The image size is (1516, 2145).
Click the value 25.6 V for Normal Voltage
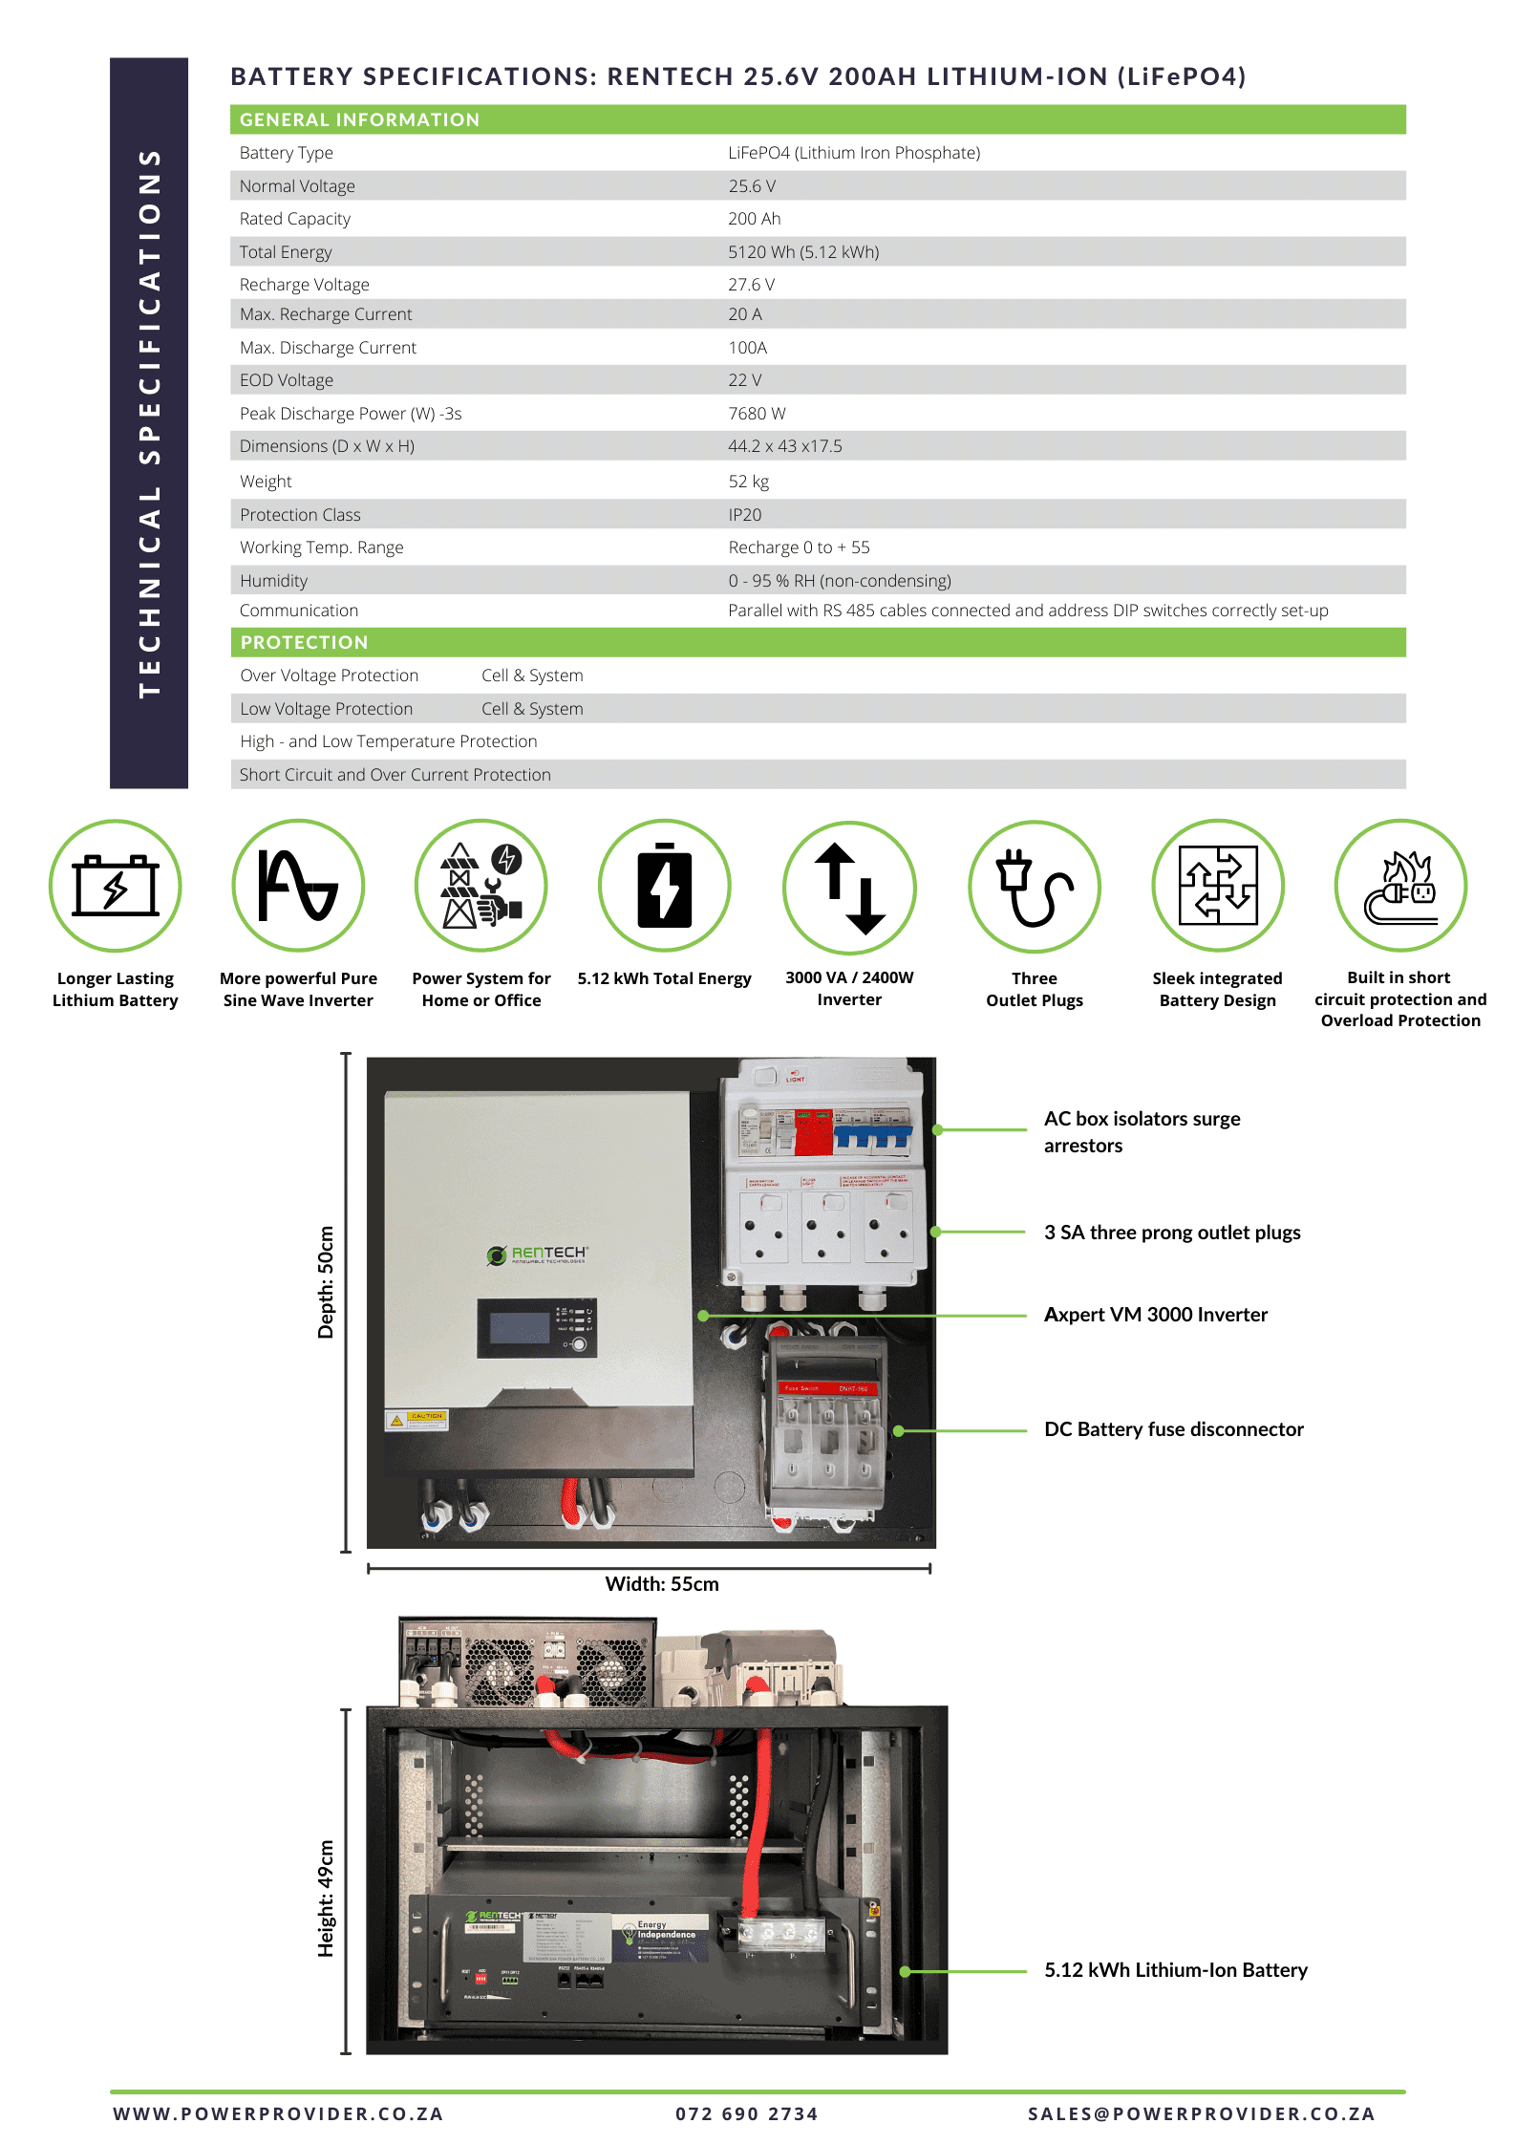tap(751, 186)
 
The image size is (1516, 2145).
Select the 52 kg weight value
tap(748, 482)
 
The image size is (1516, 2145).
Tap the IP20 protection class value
tap(744, 515)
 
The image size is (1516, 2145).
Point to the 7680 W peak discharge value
tap(757, 414)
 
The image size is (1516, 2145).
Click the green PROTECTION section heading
tap(304, 642)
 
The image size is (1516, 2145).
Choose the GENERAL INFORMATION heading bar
tap(359, 119)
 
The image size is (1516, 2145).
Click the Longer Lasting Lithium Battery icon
tap(116, 886)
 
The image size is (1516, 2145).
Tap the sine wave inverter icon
tap(298, 886)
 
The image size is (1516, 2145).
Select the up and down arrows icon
tap(849, 888)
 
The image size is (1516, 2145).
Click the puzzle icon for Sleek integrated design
tap(1217, 886)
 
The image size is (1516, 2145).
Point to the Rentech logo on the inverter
tap(538, 1255)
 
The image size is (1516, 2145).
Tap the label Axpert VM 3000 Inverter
tap(1155, 1315)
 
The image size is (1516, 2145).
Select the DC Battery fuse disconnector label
tap(1173, 1429)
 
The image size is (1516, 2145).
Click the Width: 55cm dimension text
tap(661, 1584)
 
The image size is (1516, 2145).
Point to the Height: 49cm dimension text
tap(326, 1898)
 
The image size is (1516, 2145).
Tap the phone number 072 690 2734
tap(746, 2114)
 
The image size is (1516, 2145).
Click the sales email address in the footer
tap(1201, 2114)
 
